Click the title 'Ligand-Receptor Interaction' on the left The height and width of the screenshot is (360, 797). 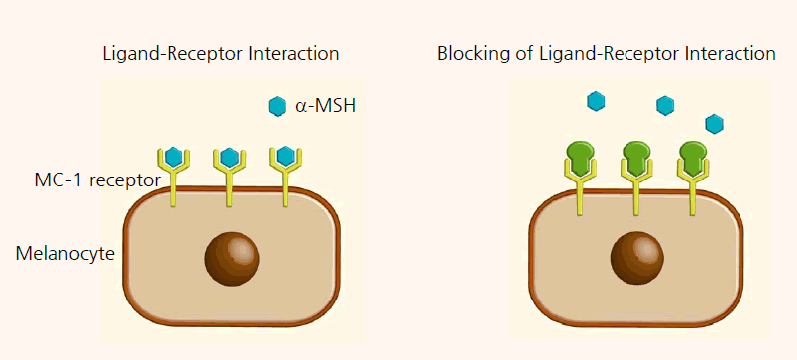coord(221,54)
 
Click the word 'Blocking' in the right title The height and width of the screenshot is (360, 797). coord(470,54)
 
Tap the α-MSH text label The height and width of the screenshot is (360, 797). coord(326,106)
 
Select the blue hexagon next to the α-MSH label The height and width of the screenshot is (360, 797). coord(278,106)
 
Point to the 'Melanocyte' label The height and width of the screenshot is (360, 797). coord(65,253)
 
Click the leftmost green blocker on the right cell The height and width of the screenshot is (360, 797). coord(580,157)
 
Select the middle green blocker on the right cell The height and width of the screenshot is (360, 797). coord(636,157)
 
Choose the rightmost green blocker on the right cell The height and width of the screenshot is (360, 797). coord(693,157)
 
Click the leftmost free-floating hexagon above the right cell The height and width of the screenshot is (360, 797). coord(596,100)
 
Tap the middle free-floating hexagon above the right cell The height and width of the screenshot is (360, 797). coord(665,105)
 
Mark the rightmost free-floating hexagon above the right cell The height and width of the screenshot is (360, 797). coord(714,123)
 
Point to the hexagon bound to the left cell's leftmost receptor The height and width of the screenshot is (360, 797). coord(173,156)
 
